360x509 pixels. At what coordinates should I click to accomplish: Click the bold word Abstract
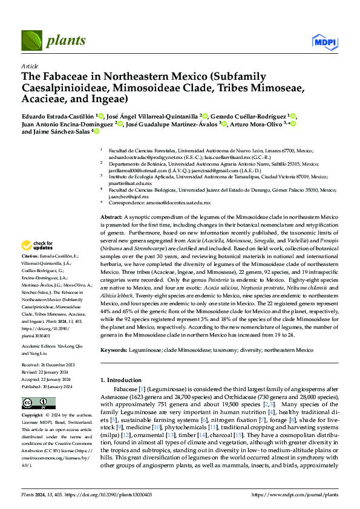pos(111,216)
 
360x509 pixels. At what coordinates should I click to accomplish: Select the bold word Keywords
pos(113,350)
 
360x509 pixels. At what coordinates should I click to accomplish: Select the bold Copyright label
pos(33,415)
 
